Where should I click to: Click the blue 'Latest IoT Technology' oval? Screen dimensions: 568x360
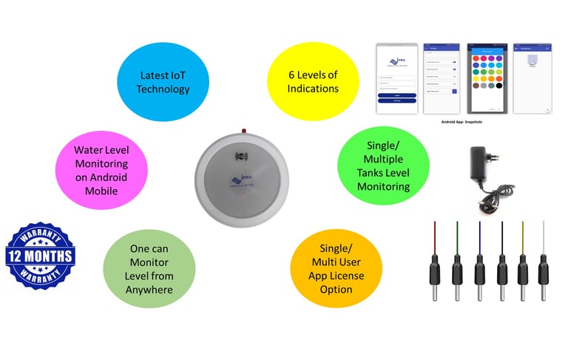coord(165,82)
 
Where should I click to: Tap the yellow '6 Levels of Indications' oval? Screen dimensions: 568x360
coord(313,82)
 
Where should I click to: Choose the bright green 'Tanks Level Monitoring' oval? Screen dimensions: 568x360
coord(384,166)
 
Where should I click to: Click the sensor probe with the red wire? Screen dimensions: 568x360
coord(434,266)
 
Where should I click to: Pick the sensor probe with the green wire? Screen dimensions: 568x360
coord(456,266)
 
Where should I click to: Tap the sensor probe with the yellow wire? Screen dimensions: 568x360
coord(523,266)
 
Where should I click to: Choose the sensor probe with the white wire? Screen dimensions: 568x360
coord(544,266)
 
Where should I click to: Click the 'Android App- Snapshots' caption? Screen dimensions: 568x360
coord(461,122)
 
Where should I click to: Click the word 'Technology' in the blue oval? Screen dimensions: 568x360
coord(165,89)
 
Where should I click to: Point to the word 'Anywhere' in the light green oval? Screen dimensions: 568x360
coord(149,289)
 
